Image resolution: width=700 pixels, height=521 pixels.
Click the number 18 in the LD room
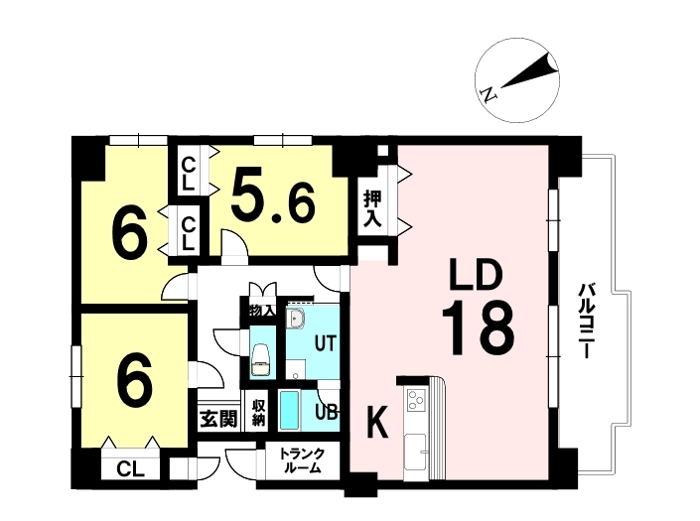(479, 328)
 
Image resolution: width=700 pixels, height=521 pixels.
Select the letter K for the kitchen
(377, 423)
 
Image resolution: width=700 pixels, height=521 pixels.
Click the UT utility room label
(325, 343)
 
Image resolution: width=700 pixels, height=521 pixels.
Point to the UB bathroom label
(327, 412)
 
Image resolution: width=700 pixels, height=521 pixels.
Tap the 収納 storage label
(258, 413)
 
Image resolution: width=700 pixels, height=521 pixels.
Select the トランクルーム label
(301, 460)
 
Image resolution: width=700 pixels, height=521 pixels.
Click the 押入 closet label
(372, 208)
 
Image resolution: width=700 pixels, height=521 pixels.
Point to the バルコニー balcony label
(585, 321)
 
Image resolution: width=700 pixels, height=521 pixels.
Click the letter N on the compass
(489, 95)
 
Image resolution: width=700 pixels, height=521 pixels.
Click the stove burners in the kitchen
(416, 399)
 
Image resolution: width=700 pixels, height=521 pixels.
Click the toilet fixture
(261, 358)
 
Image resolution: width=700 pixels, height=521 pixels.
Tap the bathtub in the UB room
(289, 410)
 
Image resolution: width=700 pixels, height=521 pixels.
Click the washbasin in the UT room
(295, 318)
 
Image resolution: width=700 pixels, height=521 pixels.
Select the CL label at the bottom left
(130, 468)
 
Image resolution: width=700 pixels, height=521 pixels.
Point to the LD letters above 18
(476, 277)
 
